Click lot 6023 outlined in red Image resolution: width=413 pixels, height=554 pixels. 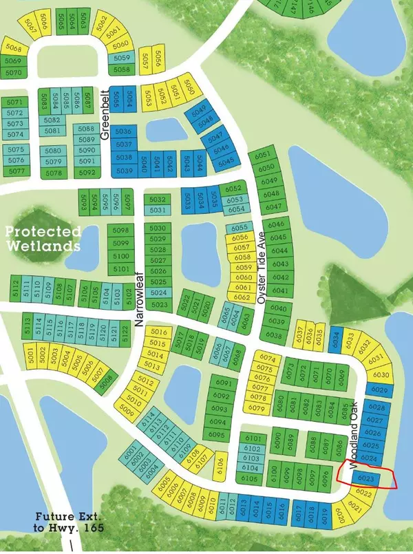pos(366,476)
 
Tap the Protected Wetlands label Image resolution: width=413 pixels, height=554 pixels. pos(43,238)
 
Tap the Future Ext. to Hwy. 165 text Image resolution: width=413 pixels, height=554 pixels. pos(70,522)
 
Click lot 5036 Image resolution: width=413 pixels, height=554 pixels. pos(123,132)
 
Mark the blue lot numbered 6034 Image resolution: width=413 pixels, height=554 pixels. pos(335,339)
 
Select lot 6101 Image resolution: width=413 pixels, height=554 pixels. pos(253,438)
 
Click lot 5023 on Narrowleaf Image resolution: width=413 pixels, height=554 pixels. pos(158,304)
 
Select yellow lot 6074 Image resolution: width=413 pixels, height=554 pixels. pos(268,359)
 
